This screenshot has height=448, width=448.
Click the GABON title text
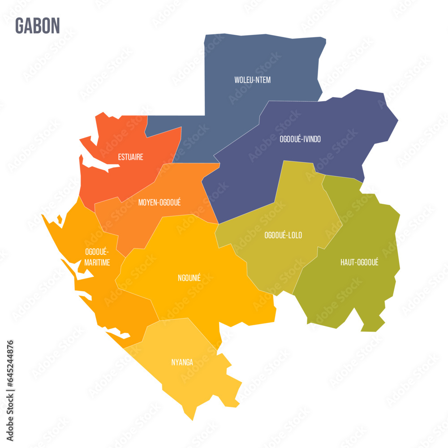[37, 26]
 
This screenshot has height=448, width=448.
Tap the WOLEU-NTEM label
[252, 80]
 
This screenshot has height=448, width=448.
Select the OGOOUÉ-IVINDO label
[300, 139]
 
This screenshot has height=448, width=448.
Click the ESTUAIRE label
[130, 157]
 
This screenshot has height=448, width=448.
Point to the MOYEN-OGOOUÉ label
[159, 202]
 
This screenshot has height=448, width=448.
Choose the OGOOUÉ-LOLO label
[283, 235]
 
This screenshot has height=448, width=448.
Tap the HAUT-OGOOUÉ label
[359, 263]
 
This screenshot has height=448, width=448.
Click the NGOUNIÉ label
[189, 278]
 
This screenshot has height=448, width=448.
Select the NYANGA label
[182, 362]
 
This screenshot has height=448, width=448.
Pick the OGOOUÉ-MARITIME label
[97, 257]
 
